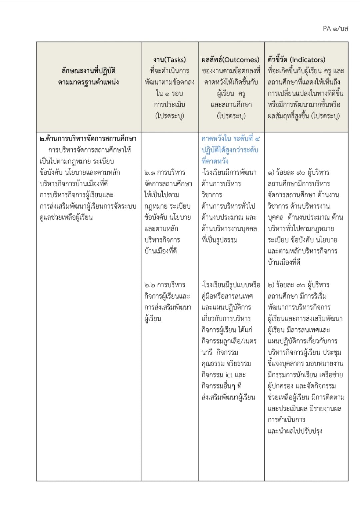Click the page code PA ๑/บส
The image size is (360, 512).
tap(335, 29)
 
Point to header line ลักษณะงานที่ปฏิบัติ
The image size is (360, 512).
tap(88, 71)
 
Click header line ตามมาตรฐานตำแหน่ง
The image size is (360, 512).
tap(88, 82)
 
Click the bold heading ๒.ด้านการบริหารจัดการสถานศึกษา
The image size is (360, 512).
tap(88, 138)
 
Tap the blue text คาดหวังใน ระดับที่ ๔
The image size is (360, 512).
tap(231, 138)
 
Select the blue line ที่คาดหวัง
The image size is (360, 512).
tap(215, 161)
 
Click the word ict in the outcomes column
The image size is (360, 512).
tap(229, 375)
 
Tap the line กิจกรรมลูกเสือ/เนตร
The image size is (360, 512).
tap(229, 341)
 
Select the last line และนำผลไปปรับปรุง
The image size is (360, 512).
tap(295, 431)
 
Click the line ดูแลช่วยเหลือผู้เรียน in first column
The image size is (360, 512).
tap(66, 217)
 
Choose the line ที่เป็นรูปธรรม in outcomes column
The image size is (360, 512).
tap(219, 240)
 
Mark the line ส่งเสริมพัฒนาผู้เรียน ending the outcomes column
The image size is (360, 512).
tap(228, 397)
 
